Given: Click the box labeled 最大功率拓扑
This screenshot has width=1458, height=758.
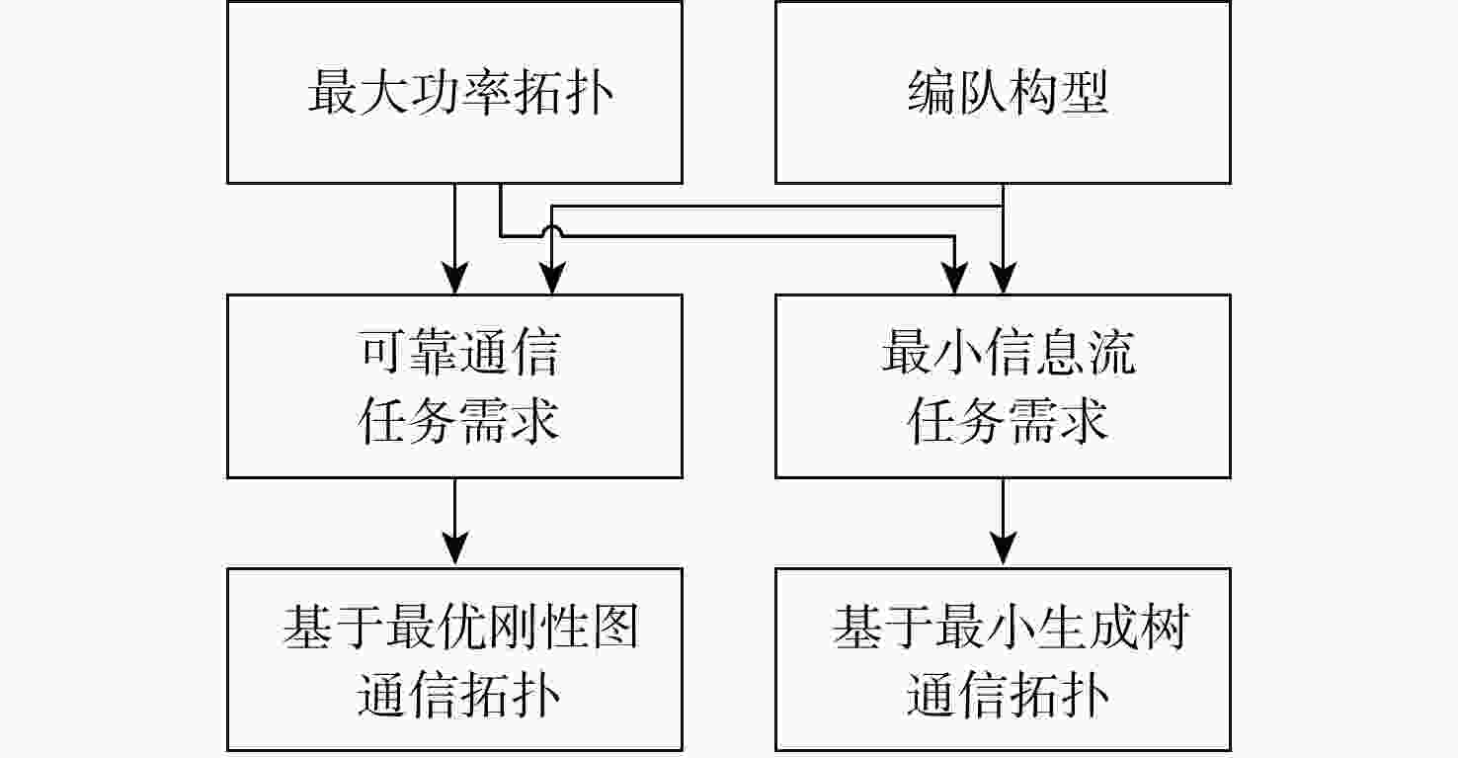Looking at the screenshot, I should [454, 92].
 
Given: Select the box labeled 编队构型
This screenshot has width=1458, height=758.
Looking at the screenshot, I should [1003, 92].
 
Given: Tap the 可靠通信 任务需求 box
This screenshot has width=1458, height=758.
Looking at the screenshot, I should [454, 385].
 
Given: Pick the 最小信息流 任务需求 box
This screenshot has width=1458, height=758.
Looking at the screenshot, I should [1003, 385].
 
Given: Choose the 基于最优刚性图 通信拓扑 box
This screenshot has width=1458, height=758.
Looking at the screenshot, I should [454, 659].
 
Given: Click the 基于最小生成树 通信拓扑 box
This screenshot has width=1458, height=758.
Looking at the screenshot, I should [1003, 659].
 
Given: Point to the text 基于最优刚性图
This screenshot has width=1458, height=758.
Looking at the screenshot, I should [460, 629].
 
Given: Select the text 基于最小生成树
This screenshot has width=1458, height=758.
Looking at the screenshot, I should [1009, 629].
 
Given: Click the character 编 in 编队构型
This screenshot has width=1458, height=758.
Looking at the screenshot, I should [931, 95].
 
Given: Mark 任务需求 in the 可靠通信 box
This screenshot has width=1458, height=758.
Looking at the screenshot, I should [458, 420].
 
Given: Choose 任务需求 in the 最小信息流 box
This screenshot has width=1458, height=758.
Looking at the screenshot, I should [1009, 420].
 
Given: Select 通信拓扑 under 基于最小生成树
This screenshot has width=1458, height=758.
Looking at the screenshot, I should [1009, 694].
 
